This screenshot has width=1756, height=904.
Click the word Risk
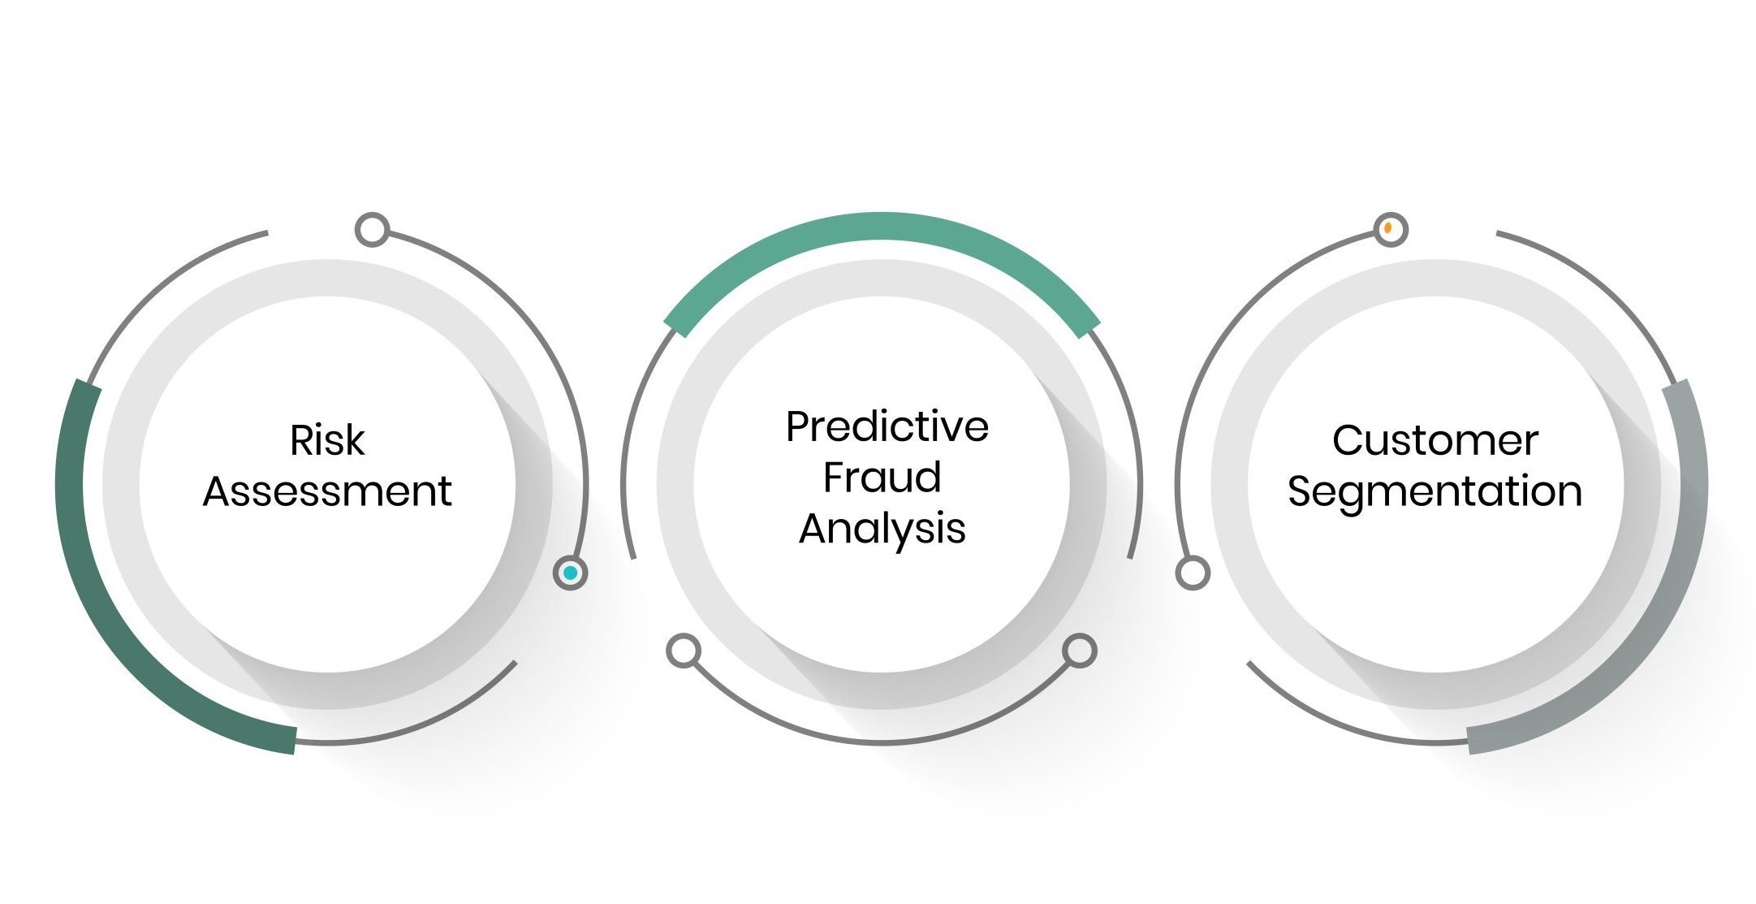pos(327,440)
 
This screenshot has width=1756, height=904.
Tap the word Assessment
pos(327,491)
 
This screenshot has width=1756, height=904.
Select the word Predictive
pos(887,426)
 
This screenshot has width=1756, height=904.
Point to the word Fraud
pos(882,477)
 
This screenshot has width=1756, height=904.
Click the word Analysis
pos(882,530)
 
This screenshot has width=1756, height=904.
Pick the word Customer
pos(1435,440)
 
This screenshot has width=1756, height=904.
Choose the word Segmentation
pos(1435,492)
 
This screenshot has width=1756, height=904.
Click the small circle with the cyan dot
pos(570,573)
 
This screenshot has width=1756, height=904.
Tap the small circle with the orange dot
pos(1390,229)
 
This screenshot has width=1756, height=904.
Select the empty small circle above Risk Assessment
pos(372,230)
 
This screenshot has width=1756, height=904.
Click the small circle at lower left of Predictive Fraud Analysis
pos(684,651)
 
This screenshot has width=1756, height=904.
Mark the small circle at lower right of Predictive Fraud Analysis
pos(1080,651)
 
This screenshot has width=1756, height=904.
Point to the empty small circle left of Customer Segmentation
pos(1193,573)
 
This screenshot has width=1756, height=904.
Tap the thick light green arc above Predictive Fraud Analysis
pos(882,227)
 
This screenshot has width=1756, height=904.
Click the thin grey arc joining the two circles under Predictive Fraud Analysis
pos(882,742)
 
